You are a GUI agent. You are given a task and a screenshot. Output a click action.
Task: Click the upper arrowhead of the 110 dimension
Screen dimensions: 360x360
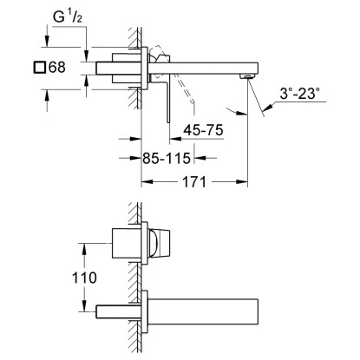tap(86, 245)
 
